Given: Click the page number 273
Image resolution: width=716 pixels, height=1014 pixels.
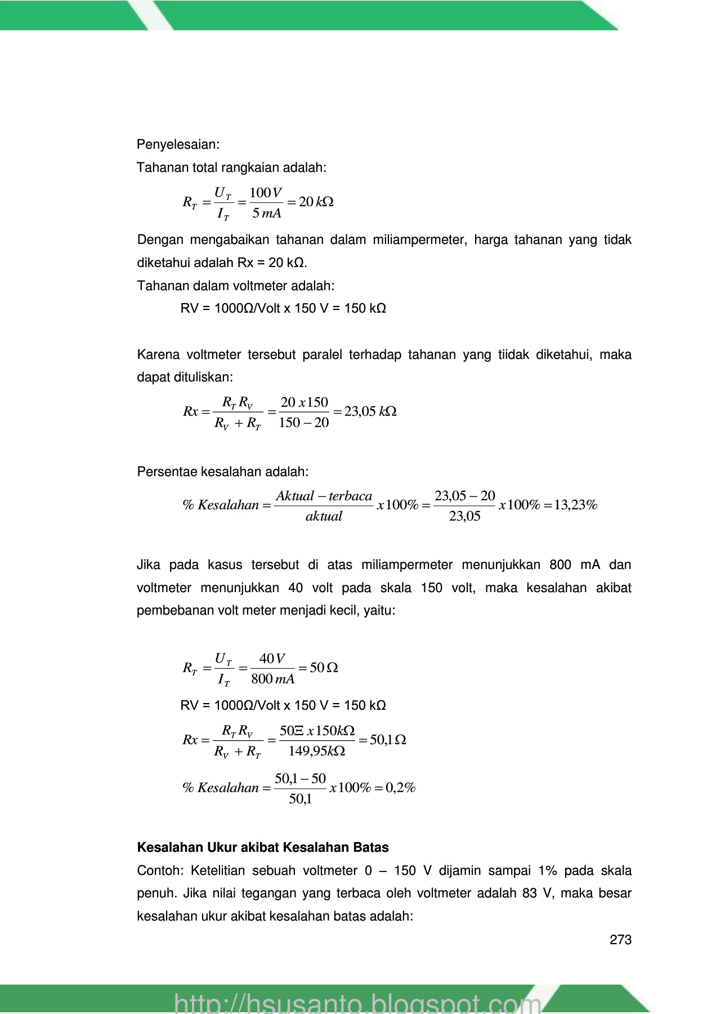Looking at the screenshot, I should pyautogui.click(x=620, y=940).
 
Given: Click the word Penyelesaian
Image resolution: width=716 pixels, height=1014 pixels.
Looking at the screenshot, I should pyautogui.click(x=177, y=145).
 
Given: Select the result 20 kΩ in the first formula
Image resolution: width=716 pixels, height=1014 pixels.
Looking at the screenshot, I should pyautogui.click(x=316, y=202).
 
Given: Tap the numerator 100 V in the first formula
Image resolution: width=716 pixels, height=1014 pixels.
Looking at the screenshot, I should pyautogui.click(x=265, y=193).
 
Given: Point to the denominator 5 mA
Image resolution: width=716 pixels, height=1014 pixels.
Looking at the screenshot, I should pyautogui.click(x=266, y=214).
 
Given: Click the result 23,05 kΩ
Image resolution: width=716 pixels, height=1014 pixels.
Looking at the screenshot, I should pyautogui.click(x=370, y=412).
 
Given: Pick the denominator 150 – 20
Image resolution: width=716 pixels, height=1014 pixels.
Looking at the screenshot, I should pyautogui.click(x=303, y=423).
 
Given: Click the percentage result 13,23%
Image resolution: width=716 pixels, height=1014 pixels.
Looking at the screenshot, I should pyautogui.click(x=575, y=505).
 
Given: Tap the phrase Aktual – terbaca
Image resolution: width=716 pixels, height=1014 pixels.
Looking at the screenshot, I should pyautogui.click(x=324, y=496).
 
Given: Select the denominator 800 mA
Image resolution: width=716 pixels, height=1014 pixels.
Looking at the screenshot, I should pyautogui.click(x=272, y=679).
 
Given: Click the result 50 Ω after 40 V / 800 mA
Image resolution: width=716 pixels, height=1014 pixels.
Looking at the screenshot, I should pyautogui.click(x=324, y=668).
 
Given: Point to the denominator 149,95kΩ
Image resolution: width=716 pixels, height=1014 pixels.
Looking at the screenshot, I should pyautogui.click(x=317, y=751).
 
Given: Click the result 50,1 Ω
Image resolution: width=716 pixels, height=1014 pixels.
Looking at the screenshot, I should pyautogui.click(x=388, y=740).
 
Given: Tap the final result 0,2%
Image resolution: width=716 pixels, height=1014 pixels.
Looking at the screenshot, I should pyautogui.click(x=400, y=788).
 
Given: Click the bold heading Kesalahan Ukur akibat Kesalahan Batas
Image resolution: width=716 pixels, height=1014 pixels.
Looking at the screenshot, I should pyautogui.click(x=263, y=848).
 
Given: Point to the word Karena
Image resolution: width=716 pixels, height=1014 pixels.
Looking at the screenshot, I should pyautogui.click(x=158, y=355).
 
